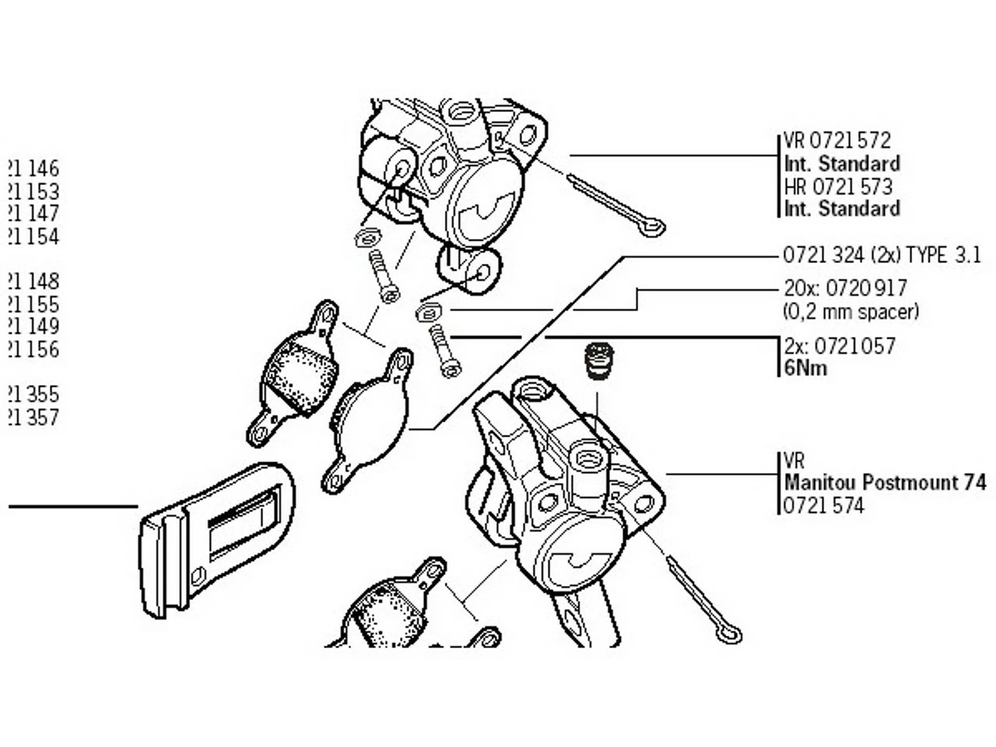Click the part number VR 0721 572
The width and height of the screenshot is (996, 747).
coord(836,141)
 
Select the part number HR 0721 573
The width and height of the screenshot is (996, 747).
coord(838,187)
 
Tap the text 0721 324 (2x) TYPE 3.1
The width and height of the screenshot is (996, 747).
coord(882,255)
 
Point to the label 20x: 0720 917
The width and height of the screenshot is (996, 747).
coord(845,289)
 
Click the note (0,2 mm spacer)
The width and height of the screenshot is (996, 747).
coord(850,312)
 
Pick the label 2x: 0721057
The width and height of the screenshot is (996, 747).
coord(840,345)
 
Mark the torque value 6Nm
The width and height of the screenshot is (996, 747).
coord(805,368)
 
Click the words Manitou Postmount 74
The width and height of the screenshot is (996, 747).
coord(885,482)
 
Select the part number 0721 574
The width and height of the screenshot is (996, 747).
coord(824,506)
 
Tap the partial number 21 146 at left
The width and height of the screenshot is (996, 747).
coord(33,169)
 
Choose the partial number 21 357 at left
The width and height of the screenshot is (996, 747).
coord(33,418)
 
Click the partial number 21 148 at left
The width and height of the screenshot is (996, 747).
coord(33,281)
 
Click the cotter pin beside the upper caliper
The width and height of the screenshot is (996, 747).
coord(615,203)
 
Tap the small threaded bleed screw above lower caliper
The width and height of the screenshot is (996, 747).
coord(598,361)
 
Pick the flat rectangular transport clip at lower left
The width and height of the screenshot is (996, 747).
coord(214,537)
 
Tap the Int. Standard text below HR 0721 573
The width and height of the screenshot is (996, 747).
coord(842,209)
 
